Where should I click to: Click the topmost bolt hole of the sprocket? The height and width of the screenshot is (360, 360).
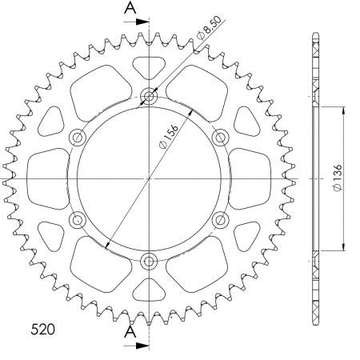149,97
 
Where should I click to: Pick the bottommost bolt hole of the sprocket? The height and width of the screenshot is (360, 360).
149,260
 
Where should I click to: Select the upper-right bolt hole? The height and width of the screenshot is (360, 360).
220,138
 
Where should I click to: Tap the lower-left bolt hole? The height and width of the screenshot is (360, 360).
78,219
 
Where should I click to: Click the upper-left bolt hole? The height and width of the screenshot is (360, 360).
78,138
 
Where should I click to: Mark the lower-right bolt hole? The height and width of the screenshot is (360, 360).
220,219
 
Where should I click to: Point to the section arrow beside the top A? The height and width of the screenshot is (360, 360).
141,26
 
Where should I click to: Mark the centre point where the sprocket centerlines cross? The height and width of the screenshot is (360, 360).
149,178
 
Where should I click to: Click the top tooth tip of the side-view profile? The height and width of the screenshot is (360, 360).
312,36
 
